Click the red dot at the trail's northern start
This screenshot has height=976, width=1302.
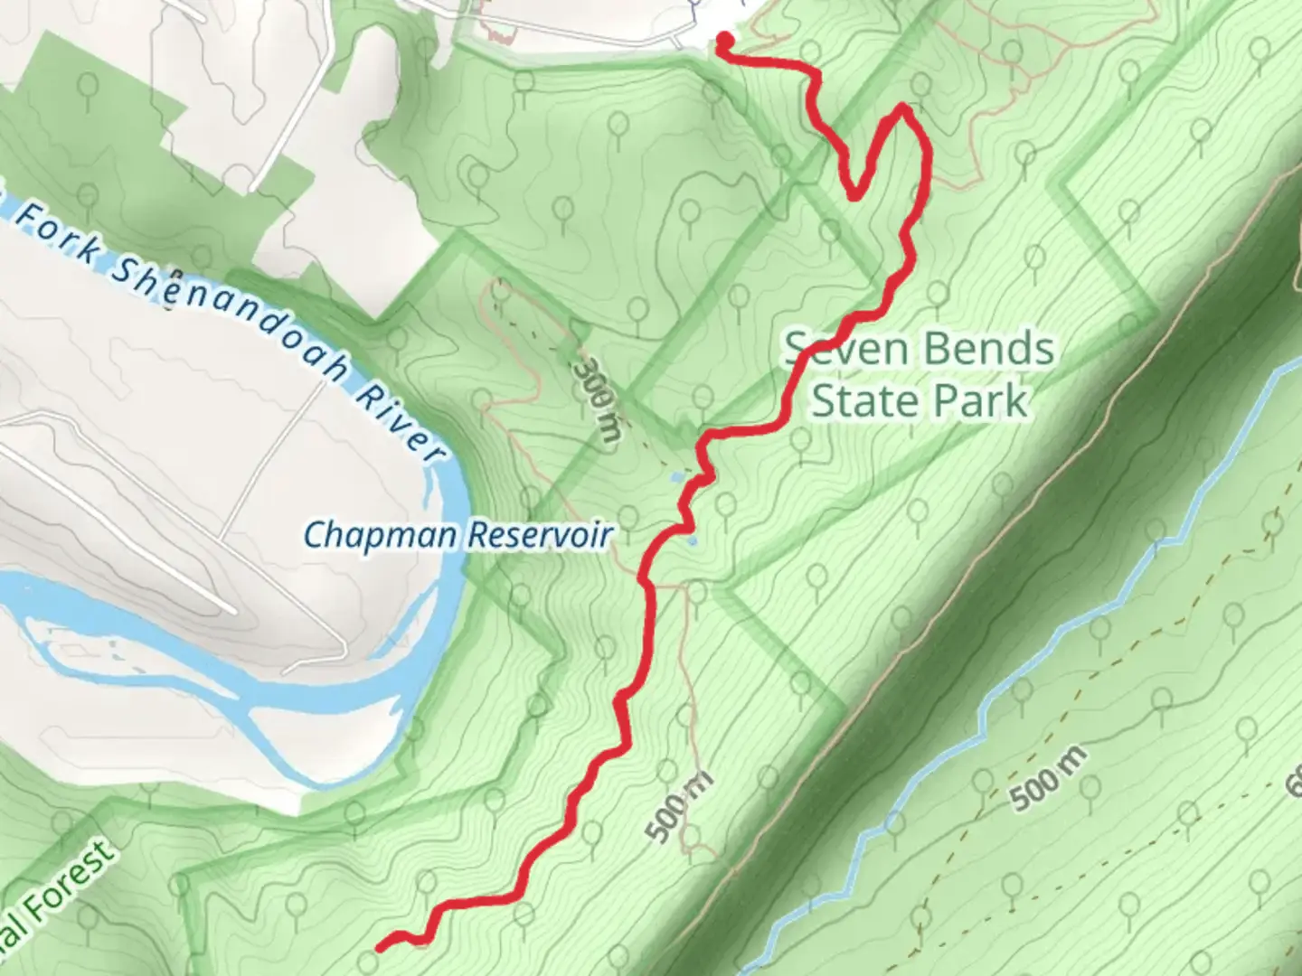(724, 39)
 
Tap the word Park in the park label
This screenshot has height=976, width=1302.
(986, 400)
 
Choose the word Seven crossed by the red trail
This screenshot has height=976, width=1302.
(836, 349)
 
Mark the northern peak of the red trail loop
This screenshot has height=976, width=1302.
(902, 109)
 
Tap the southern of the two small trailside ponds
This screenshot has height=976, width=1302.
(692, 540)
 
